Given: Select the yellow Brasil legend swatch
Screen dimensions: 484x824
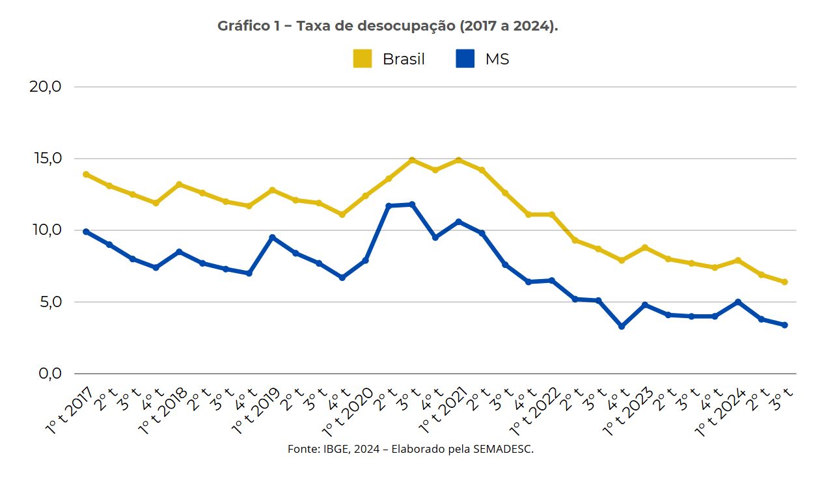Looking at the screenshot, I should click(x=363, y=59).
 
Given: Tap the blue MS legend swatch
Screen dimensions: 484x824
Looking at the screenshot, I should click(x=465, y=59).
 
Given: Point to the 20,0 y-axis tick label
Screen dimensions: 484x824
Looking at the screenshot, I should click(x=46, y=87).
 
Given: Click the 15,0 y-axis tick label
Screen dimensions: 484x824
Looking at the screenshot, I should click(x=46, y=158).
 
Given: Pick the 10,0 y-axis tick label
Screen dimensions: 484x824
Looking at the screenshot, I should click(x=46, y=230).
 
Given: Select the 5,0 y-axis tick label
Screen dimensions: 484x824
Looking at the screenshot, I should click(x=49, y=302).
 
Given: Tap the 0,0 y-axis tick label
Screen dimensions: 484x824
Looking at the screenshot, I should click(x=49, y=374).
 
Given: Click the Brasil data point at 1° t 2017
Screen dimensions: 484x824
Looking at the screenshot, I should click(x=86, y=174).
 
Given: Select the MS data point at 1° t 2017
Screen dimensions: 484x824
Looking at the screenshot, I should click(x=86, y=232).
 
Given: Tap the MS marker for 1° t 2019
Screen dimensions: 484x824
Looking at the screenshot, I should click(x=272, y=237).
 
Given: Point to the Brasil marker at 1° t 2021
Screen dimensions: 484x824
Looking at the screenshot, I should click(x=459, y=160).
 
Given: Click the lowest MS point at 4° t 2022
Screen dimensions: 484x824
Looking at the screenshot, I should click(x=622, y=327).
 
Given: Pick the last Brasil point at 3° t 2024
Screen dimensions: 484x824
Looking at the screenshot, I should click(x=785, y=282).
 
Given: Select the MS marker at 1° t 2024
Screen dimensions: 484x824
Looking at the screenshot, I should click(x=738, y=302).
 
